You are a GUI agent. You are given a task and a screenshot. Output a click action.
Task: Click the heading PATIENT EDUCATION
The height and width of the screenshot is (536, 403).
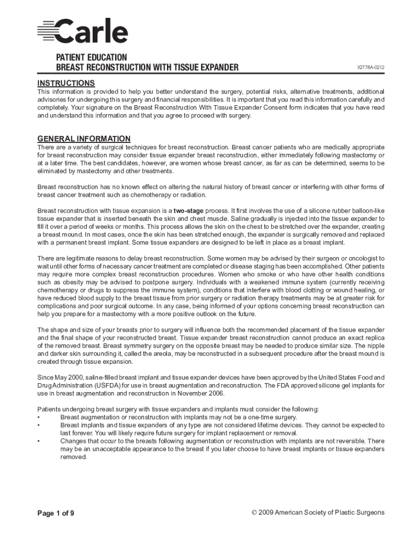92,57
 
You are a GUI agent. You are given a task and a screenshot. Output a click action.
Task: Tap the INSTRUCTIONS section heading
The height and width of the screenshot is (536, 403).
66,83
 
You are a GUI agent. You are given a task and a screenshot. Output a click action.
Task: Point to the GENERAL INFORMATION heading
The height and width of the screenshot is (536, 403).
84,139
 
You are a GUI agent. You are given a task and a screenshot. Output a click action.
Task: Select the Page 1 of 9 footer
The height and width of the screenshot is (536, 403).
55,513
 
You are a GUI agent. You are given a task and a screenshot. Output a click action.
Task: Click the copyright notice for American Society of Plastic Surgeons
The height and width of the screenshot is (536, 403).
318,512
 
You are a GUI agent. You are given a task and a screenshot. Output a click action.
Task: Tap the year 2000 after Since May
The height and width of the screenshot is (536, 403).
76,377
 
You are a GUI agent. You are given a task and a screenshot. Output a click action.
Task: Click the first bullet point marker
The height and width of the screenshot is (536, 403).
39,417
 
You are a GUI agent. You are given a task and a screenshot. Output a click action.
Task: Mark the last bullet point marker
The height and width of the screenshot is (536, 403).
39,441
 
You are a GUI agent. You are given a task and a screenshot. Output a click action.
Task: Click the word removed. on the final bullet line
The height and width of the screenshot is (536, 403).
73,457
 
